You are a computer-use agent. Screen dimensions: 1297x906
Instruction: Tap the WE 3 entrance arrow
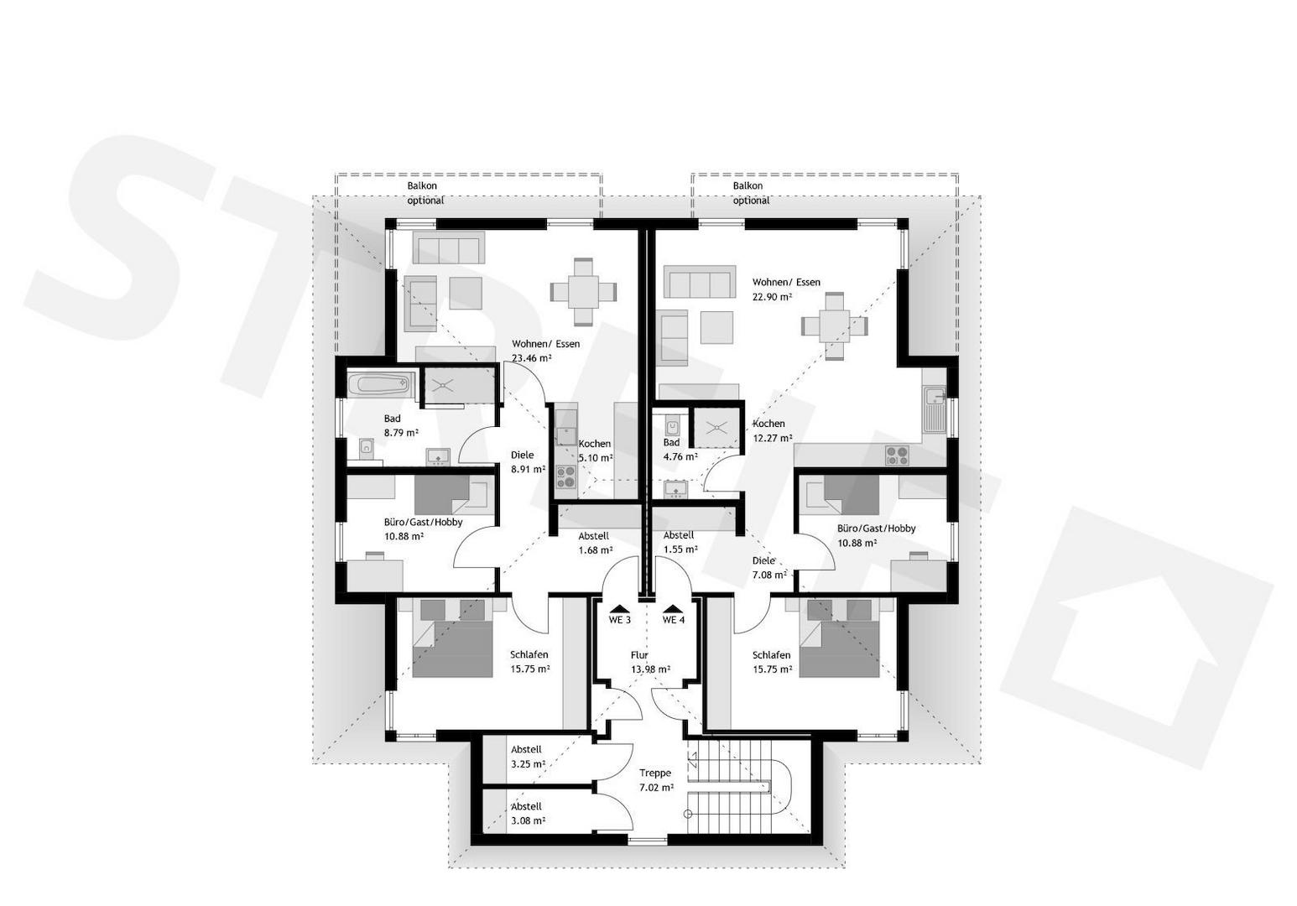tap(619, 608)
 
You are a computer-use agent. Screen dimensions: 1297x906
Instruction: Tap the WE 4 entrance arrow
tap(673, 608)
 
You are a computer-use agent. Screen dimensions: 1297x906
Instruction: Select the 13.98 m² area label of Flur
tap(651, 669)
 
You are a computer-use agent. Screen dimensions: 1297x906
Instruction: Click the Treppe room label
tap(655, 773)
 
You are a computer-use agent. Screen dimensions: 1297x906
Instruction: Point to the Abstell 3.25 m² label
tap(528, 757)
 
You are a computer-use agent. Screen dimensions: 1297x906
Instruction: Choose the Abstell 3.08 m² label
tap(528, 814)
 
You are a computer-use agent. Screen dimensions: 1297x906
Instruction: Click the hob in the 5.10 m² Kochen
tap(565, 477)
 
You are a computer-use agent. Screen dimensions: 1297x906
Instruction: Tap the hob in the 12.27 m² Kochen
tap(897, 455)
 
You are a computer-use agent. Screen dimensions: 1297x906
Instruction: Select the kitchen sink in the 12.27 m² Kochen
tap(935, 410)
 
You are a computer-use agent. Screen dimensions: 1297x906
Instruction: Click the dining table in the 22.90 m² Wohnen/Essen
tap(835, 326)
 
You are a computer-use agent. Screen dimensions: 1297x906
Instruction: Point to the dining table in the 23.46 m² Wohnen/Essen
tap(583, 291)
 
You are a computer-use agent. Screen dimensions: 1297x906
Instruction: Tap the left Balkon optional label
tap(425, 193)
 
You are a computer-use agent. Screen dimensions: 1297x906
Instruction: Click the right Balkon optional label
tap(751, 193)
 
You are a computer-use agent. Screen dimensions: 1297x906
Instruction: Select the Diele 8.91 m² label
tap(528, 462)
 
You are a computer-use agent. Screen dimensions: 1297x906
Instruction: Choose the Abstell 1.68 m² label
tap(596, 543)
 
